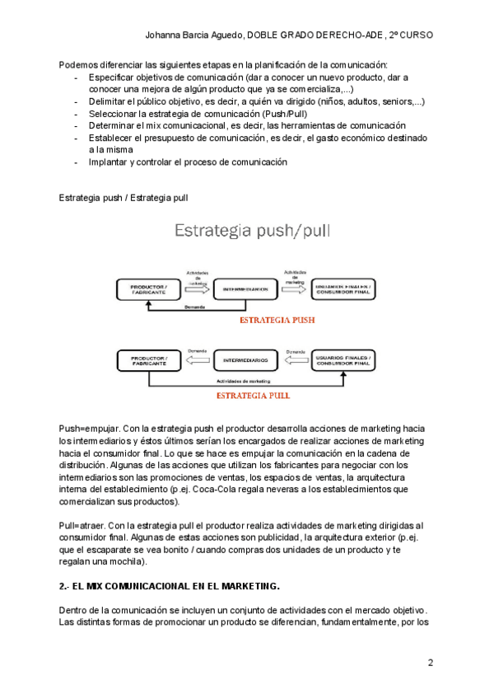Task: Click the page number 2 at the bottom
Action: [430, 664]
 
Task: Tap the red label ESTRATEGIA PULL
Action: [253, 395]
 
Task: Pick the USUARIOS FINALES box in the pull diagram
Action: [343, 359]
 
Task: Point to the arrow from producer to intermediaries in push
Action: [198, 288]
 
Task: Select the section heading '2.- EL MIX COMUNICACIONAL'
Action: [170, 587]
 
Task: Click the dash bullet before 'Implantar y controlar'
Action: [77, 162]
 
